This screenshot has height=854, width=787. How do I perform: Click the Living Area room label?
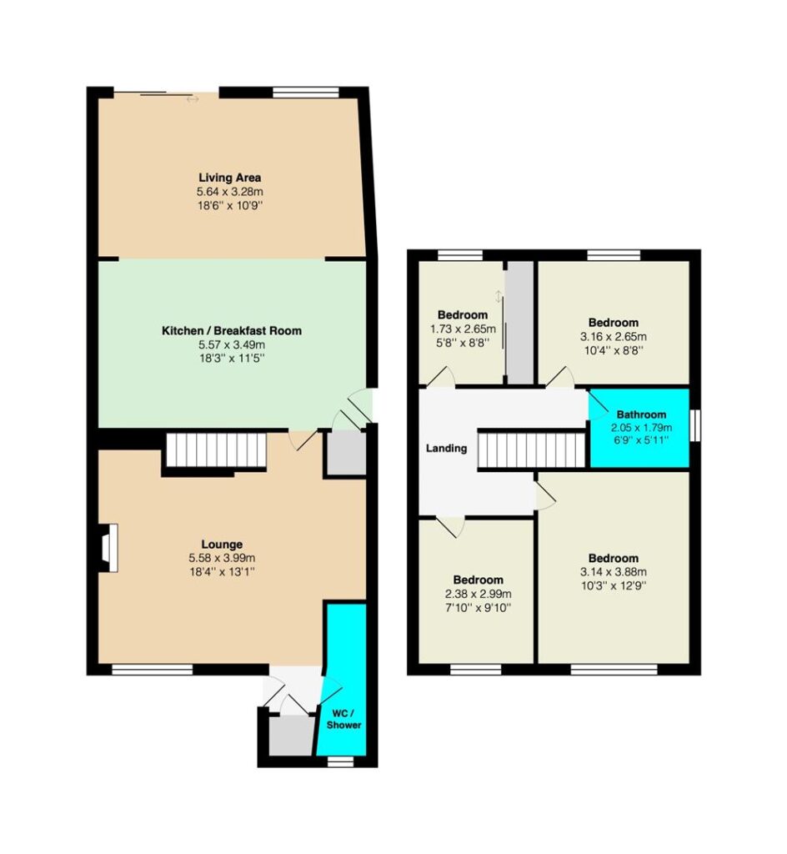[x=229, y=178]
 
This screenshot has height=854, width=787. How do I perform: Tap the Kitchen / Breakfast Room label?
[x=231, y=330]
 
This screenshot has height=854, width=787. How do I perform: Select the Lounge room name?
[x=222, y=544]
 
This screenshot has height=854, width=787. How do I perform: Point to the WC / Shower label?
[x=344, y=719]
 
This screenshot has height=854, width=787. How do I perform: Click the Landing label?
[x=446, y=448]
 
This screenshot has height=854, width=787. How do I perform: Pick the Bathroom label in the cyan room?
[x=641, y=414]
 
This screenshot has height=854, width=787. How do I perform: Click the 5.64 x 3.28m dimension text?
[x=229, y=192]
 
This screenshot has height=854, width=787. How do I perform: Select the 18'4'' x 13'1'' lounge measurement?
[x=222, y=572]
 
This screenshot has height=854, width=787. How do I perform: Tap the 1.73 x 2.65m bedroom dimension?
[x=463, y=329]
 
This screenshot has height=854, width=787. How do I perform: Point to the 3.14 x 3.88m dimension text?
[x=614, y=572]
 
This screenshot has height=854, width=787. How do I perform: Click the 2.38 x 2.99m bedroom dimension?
[x=478, y=594]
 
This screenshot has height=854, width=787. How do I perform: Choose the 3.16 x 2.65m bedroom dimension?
[x=614, y=337]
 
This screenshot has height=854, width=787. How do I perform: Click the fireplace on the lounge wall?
[x=110, y=548]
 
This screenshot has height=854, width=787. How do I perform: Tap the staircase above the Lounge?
[x=216, y=450]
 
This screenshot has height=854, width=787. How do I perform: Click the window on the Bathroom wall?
[x=695, y=424]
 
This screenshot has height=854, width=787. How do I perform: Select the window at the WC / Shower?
[x=340, y=762]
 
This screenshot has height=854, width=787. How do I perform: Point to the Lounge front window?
[x=153, y=670]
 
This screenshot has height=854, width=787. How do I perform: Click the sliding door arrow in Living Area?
[x=193, y=99]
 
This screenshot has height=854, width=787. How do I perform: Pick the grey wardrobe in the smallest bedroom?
[x=519, y=323]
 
